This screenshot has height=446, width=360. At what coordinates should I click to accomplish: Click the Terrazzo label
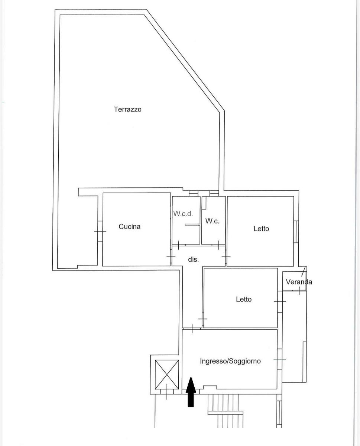(x=128, y=109)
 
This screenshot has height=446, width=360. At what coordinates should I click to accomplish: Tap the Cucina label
(x=130, y=226)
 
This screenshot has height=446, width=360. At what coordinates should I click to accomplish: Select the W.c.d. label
(x=183, y=214)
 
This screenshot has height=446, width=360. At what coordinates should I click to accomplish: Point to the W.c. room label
(x=212, y=221)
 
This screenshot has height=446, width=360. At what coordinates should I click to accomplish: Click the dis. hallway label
(x=193, y=259)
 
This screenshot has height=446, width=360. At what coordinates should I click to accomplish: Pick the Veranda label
(x=299, y=282)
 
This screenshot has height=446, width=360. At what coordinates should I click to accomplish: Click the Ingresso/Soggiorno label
(x=230, y=361)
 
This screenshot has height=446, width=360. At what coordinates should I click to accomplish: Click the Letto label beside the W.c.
(x=261, y=229)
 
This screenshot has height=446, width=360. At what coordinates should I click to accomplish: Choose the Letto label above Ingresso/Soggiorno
(x=244, y=299)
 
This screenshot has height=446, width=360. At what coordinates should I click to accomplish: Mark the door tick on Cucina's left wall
(x=100, y=232)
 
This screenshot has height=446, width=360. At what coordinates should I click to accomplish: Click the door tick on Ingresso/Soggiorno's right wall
(x=279, y=359)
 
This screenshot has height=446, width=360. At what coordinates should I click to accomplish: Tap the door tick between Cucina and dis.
(x=171, y=256)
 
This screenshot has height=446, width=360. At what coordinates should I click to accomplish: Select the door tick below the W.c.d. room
(x=179, y=245)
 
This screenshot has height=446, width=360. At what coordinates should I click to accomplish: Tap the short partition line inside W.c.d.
(x=191, y=224)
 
